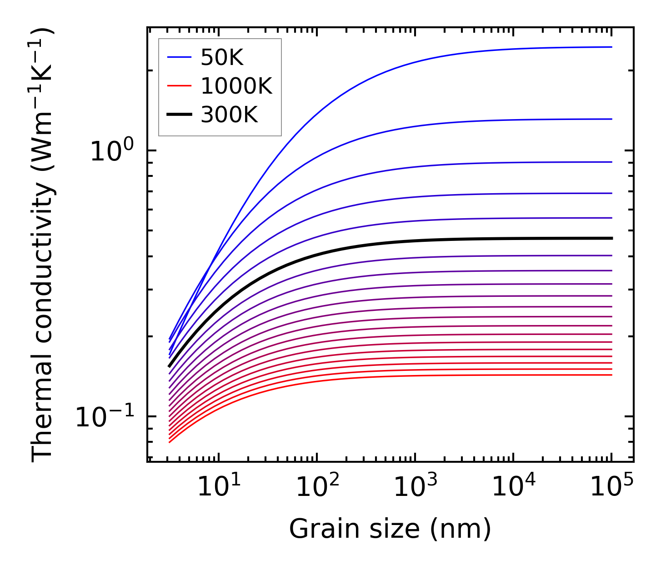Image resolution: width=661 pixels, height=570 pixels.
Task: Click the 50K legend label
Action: point(222,58)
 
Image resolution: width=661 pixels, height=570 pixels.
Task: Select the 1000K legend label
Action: point(236,86)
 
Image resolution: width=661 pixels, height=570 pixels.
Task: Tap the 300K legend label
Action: point(229,115)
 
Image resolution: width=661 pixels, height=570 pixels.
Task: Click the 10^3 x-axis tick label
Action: point(416,487)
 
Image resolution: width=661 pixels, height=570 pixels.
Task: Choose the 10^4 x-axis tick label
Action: point(514,487)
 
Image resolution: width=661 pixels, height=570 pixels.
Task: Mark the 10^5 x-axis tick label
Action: point(611,487)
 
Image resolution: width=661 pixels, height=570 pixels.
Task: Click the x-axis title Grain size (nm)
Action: point(390,529)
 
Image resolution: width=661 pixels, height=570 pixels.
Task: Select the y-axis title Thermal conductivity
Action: point(43,245)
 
